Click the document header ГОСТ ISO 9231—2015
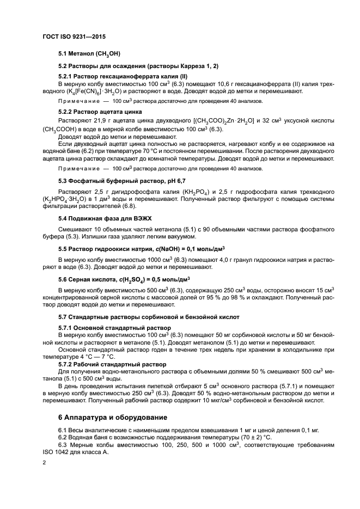pyautogui.click(x=74, y=36)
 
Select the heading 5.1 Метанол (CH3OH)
pyautogui.click(x=89, y=54)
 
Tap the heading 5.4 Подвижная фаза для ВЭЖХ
pyautogui.click(x=108, y=218)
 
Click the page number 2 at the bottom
pyautogui.click(x=44, y=462)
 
